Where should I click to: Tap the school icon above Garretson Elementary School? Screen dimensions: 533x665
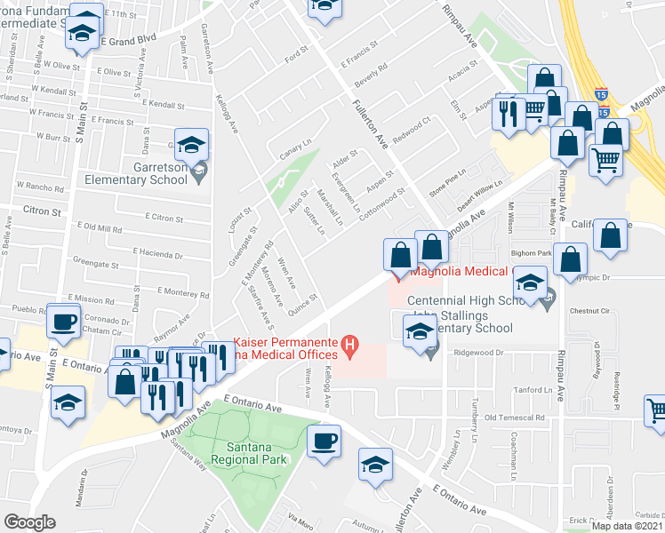point(191,144)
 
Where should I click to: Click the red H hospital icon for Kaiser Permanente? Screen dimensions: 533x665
point(351,343)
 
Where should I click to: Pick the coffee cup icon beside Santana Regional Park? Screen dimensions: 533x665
point(324,441)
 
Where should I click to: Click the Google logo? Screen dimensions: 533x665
point(28,522)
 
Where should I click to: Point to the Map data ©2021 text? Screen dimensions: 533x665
point(627,526)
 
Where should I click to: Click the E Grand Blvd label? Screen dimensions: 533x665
point(128,40)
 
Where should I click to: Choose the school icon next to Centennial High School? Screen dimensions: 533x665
point(531,285)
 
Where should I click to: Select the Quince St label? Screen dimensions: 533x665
point(302,303)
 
